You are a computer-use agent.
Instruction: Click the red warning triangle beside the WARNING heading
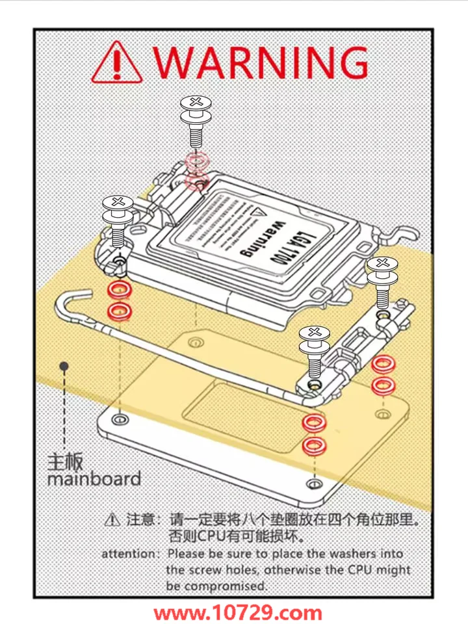coord(118,63)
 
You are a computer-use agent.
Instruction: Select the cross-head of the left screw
coord(118,201)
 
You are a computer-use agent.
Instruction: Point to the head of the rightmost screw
coord(383,263)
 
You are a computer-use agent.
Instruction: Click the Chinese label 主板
coord(66,462)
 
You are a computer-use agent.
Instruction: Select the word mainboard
coord(94,480)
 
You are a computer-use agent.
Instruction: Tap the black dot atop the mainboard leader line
coord(64,367)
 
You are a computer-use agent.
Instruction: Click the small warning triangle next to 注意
coord(112,519)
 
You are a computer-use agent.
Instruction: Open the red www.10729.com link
coord(238,612)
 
